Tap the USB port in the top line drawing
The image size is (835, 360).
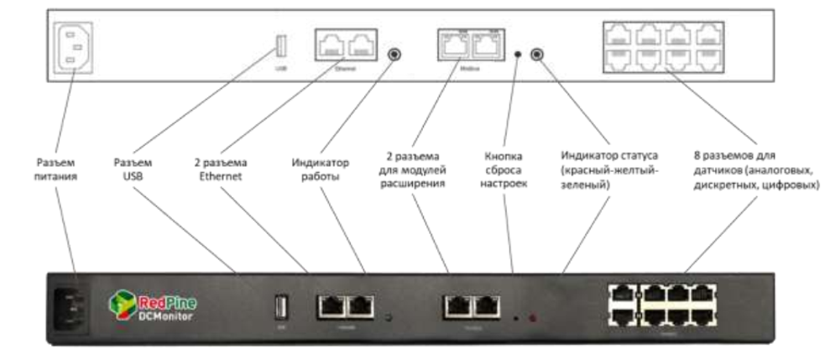point(281,46)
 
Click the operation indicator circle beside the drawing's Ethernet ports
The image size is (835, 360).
point(394,55)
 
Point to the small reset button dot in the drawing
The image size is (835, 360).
point(517,55)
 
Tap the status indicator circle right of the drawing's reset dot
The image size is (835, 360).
point(537,55)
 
